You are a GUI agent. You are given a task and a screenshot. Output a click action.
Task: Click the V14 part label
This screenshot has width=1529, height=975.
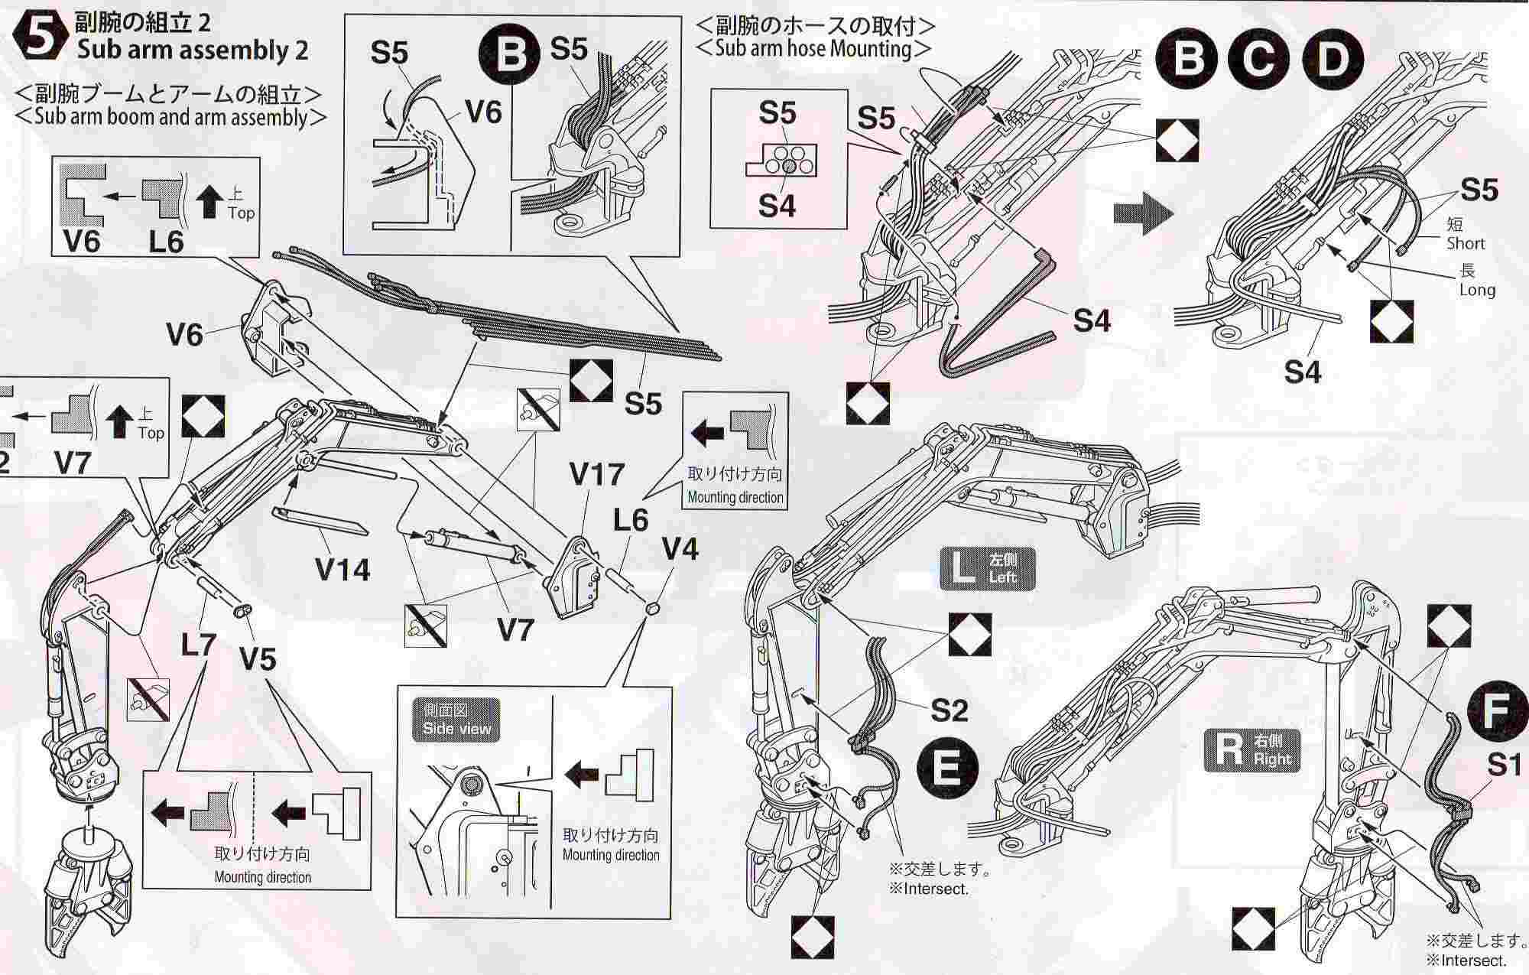click(x=342, y=570)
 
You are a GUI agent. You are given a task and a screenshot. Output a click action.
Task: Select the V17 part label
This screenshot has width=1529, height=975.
click(x=597, y=474)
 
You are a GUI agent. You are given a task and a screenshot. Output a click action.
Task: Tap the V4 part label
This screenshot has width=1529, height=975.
click(x=680, y=548)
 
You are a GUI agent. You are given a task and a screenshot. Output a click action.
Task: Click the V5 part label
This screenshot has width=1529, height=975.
click(x=258, y=658)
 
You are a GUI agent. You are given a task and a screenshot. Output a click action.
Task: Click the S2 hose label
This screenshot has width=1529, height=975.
click(x=949, y=710)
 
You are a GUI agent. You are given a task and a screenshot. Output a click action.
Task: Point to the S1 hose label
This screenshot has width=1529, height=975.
click(x=1503, y=764)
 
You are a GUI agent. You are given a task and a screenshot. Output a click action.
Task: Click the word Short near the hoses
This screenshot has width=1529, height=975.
click(x=1465, y=243)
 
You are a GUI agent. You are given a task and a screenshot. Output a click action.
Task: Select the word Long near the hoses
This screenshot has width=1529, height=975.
click(x=1476, y=290)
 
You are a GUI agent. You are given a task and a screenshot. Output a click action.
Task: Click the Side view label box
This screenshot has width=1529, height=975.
click(x=456, y=720)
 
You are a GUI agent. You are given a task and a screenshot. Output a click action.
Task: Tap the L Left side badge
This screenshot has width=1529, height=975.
click(x=987, y=568)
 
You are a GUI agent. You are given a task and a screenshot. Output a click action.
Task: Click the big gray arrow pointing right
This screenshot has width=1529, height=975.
click(x=1142, y=213)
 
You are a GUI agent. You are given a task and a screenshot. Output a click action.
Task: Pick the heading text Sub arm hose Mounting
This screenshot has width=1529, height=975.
click(x=815, y=49)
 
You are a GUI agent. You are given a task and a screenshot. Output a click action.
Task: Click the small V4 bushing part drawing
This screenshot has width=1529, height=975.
click(x=653, y=609)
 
